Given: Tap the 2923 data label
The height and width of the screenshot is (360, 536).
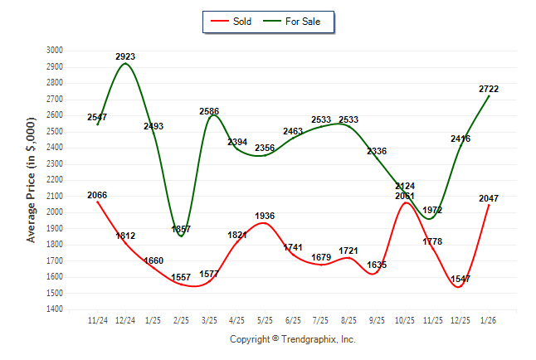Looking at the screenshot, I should point(125,56).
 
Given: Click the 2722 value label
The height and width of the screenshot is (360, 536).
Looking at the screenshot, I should point(489,89).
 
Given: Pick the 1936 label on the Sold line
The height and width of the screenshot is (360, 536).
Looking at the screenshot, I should point(265,216).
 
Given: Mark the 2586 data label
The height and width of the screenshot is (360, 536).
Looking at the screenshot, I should point(209,111).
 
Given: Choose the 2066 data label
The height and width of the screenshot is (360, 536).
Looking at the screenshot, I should point(97,195).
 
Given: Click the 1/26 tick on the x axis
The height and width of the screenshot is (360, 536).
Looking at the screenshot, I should point(489,319).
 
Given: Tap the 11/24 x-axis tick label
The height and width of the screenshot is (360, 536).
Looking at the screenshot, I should point(97,319).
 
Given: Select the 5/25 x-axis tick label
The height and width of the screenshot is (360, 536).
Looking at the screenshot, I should point(265,319).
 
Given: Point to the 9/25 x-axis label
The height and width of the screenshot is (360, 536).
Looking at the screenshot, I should point(377,319).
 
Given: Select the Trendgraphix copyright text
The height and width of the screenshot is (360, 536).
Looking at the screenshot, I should point(292,339).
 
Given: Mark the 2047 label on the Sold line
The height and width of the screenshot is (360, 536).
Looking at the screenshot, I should point(489,198).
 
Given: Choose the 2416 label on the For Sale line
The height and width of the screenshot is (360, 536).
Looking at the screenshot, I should point(460,139).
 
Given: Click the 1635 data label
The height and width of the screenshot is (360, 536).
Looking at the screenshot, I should point(377,265).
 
